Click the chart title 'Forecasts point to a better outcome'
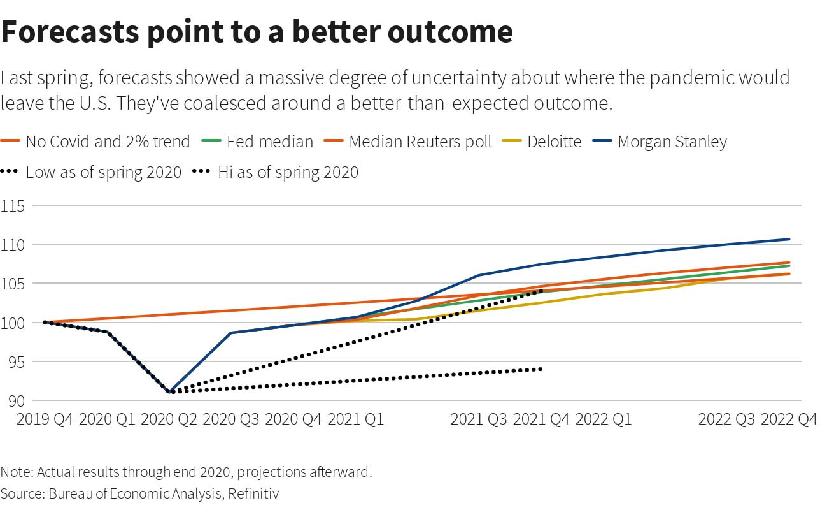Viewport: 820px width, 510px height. (257, 32)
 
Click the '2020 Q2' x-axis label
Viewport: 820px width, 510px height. (169, 419)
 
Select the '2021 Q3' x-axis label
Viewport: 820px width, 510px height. (479, 419)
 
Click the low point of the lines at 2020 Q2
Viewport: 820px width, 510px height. (170, 391)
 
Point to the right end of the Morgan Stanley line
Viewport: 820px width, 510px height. (789, 239)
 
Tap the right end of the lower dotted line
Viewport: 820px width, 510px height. (541, 369)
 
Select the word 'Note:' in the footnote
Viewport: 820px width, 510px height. (17, 472)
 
